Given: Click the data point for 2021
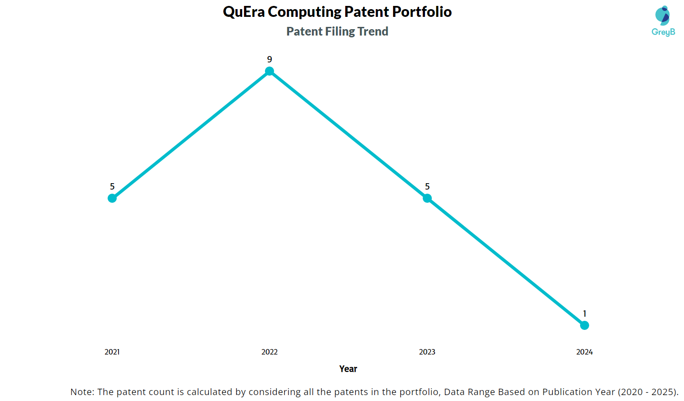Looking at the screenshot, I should click(112, 198).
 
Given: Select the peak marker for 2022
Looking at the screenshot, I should click(269, 71).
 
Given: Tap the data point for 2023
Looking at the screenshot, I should click(427, 198).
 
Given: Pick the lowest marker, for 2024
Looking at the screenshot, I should click(585, 325).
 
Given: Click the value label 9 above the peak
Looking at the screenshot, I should click(269, 60).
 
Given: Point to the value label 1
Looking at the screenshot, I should click(585, 314).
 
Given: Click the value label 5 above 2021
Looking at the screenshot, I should click(112, 187).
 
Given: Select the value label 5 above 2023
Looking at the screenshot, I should click(427, 187).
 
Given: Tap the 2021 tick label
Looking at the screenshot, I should click(112, 352).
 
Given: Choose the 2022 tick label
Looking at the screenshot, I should click(269, 352).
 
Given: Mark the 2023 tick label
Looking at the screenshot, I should click(427, 352).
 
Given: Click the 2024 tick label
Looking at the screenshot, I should click(585, 352).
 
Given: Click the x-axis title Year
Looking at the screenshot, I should click(348, 369).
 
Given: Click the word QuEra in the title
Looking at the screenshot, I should click(244, 12).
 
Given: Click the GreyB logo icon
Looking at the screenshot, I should click(663, 15).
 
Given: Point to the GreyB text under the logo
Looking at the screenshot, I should click(663, 32).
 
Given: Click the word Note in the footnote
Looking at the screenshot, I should click(82, 392).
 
